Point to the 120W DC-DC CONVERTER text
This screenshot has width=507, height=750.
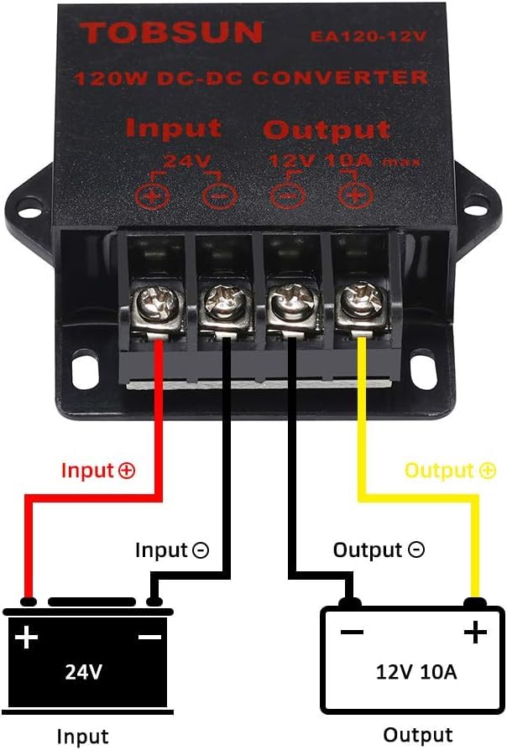(x=251, y=79)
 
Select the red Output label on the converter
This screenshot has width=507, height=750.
(x=327, y=130)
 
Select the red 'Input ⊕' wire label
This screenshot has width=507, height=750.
(x=98, y=470)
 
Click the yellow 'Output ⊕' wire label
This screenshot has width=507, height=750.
(x=451, y=470)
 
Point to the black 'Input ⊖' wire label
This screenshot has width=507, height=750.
(x=172, y=550)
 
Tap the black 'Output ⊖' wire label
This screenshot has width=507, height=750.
(x=379, y=550)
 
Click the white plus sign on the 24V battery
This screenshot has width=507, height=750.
(x=27, y=638)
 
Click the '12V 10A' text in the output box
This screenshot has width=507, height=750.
(x=416, y=671)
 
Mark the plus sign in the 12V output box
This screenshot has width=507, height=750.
(x=475, y=631)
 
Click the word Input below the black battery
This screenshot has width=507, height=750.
(x=82, y=737)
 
